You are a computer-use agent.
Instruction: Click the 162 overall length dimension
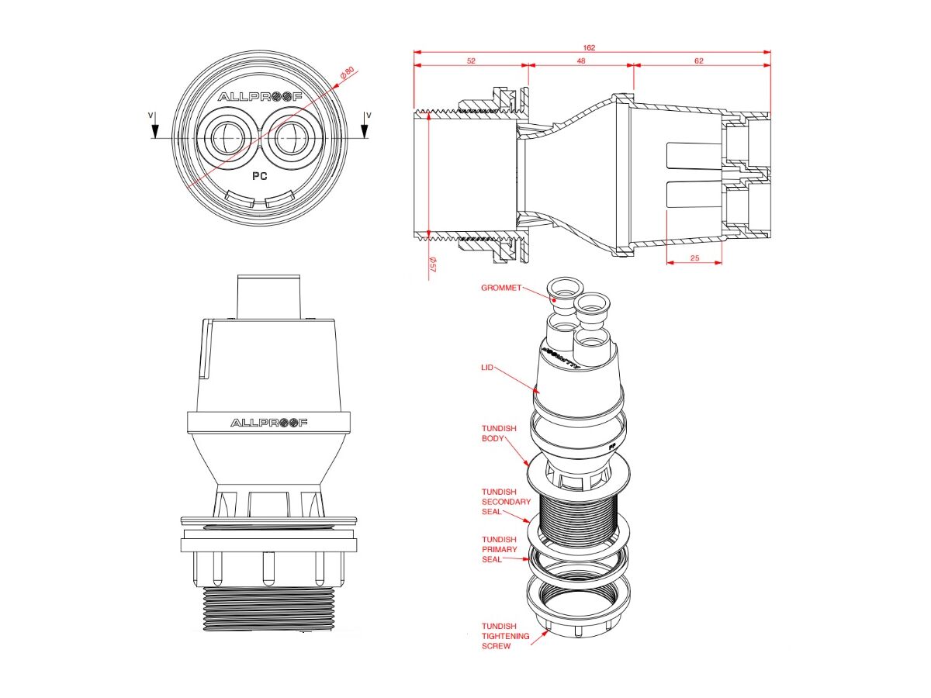pos(589,48)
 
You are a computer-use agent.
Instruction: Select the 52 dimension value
pos(471,61)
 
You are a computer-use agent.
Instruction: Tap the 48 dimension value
pos(581,61)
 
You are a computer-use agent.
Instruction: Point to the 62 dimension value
pos(699,61)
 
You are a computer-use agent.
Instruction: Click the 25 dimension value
pos(694,257)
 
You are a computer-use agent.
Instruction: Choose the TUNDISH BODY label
pos(493,432)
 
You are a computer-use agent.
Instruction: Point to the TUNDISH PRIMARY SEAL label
pos(499,549)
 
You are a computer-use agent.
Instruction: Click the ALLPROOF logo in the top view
pos(259,97)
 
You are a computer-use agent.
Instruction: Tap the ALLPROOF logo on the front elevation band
pos(269,423)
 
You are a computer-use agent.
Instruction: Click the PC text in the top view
pos(260,176)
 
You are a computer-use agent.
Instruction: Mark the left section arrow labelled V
pos(155,126)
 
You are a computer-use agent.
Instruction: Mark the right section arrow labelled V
pos(365,126)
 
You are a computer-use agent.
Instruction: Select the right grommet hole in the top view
pos(292,137)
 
